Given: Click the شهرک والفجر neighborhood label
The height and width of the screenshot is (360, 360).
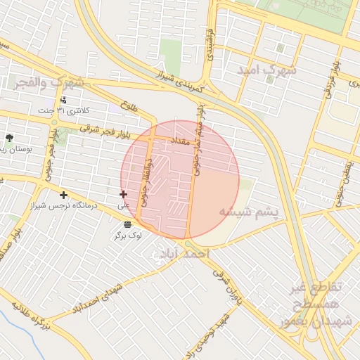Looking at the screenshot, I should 48,83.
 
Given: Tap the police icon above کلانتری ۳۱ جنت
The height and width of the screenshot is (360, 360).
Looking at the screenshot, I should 64,100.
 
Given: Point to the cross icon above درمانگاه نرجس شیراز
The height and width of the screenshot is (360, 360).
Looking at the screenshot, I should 64,194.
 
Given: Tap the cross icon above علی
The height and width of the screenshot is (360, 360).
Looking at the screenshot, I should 124,194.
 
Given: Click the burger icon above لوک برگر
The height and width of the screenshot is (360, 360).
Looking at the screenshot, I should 127,224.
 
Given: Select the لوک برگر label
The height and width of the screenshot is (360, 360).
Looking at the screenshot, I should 128,236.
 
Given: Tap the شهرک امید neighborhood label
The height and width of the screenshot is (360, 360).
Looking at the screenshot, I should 267,71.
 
